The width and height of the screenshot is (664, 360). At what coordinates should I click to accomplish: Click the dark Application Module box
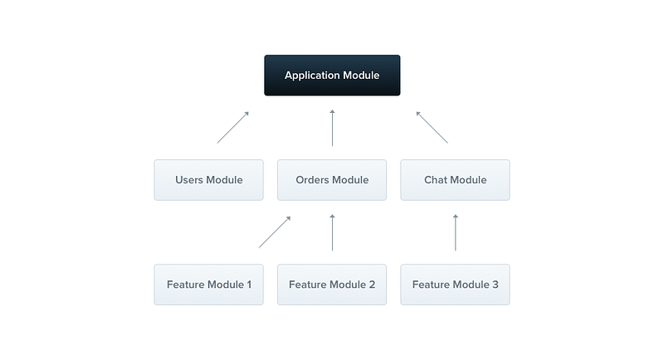coord(332,75)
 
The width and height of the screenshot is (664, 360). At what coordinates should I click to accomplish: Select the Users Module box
coord(209,180)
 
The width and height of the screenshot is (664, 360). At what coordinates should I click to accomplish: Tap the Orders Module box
coord(332,180)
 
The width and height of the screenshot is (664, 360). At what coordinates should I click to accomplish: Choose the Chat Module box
coord(455,180)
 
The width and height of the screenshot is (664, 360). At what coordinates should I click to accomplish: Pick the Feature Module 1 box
coord(209,285)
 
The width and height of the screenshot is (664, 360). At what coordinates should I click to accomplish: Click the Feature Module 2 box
coord(332,285)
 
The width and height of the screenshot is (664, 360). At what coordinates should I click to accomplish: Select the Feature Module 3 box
coord(455,285)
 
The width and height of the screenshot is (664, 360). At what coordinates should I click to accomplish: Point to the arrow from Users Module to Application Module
coord(233,128)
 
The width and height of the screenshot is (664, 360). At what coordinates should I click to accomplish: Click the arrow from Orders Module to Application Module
coord(333,128)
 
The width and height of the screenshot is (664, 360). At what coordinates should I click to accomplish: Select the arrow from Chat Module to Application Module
coord(432,128)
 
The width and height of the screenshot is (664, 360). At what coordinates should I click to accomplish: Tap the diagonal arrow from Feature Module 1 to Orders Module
coord(275,232)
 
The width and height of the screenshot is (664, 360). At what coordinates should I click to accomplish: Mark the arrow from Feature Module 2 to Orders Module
coord(333,232)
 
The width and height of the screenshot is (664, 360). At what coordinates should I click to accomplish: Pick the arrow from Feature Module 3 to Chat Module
coord(456,232)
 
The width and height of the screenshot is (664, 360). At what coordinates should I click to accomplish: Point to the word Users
coord(189,180)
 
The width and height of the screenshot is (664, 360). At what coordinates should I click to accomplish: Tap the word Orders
coord(311,180)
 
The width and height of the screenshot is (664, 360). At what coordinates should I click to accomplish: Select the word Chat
coord(435,180)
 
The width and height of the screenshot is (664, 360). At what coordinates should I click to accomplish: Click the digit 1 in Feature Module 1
coord(249,285)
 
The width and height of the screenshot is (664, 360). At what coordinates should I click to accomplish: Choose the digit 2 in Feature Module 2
coord(372,285)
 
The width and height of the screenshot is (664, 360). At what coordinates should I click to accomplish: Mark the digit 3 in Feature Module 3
coord(495,285)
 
